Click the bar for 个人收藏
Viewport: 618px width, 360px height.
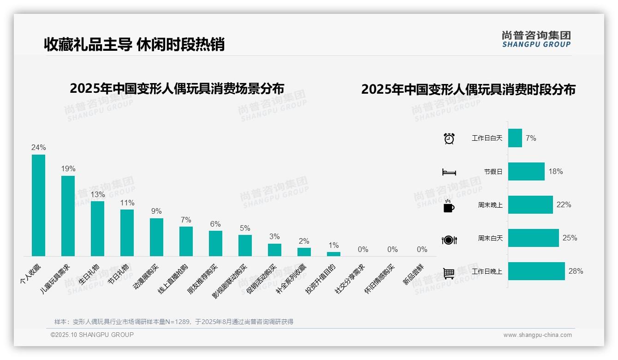pos(38,205)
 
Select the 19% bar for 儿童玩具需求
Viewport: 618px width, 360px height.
pos(68,216)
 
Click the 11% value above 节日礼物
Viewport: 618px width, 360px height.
pos(127,203)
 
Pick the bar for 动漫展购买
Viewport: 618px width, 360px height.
pos(156,237)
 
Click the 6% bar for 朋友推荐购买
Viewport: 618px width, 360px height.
pos(215,243)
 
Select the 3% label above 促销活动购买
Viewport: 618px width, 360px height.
pos(274,236)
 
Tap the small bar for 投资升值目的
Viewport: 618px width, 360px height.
pos(333,254)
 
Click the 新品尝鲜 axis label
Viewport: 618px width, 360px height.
pos(413,275)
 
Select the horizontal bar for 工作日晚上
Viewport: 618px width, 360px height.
pos(536,271)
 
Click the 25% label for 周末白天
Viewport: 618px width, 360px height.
pos(570,238)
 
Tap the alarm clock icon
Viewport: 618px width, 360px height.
pos(449,138)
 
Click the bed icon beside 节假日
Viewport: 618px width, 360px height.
pos(449,172)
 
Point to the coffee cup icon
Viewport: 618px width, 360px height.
pos(449,206)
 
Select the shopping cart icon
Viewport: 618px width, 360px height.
pos(449,273)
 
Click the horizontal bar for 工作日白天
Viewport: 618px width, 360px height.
pos(515,138)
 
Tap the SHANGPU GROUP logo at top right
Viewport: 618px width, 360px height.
pos(536,39)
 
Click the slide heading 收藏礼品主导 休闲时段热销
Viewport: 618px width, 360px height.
pos(134,44)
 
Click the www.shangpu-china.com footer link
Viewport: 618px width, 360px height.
pos(537,335)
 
